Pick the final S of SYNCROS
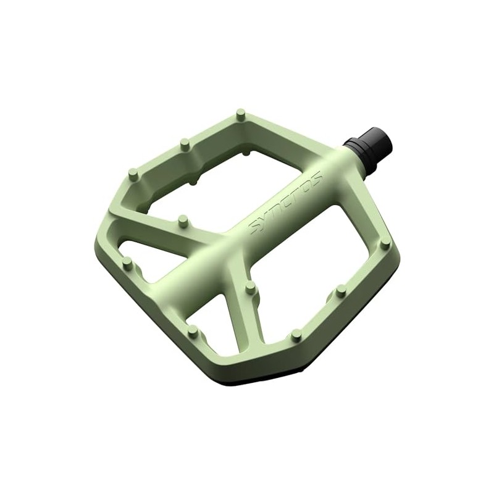pos(317,177)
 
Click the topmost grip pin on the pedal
pos(241,114)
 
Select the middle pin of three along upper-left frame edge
pos(184,144)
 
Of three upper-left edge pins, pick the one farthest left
pos(133,174)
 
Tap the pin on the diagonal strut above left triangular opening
pos(182,220)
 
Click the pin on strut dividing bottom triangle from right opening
pos(250,287)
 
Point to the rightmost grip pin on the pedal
pos(385,243)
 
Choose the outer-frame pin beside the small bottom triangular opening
pos(193,331)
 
